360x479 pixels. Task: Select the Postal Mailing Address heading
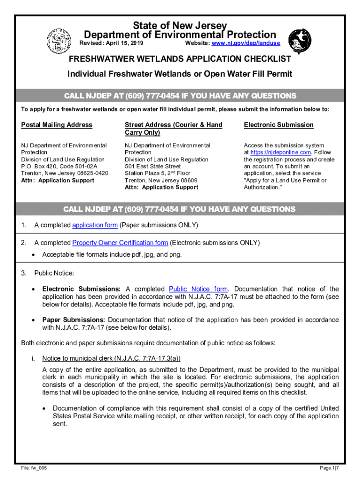coord(57,125)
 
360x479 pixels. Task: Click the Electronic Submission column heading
coord(279,125)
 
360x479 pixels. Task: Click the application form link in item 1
coord(95,225)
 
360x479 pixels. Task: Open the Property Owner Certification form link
coord(120,243)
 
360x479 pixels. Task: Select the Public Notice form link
coord(198,289)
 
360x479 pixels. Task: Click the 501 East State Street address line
coord(152,166)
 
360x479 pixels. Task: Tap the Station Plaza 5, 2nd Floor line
coord(158,173)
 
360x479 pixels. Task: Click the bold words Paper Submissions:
coord(74,320)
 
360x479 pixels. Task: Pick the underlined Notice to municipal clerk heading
coord(111,359)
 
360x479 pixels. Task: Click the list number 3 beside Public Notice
coord(23,273)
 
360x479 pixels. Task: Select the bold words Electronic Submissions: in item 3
coord(81,289)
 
